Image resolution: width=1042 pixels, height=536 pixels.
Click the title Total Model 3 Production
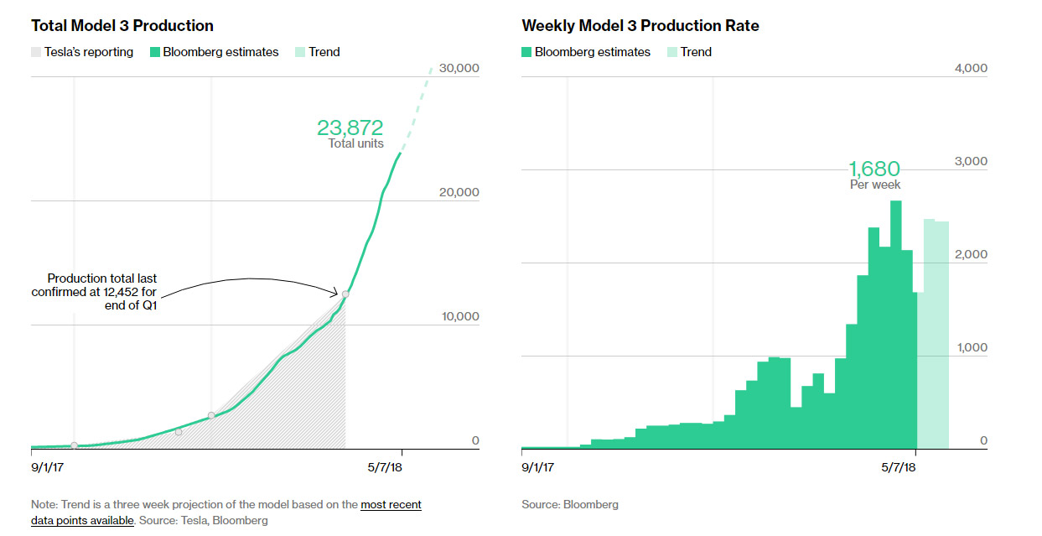pos(122,26)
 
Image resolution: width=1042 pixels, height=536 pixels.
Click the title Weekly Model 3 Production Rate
pos(640,26)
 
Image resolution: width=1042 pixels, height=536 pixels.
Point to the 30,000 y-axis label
pos(458,68)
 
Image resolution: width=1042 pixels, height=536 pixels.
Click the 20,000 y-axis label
pos(458,192)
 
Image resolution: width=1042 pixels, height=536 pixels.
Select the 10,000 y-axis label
pos(458,316)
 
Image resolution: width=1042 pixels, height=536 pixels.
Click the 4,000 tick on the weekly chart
pos(971,68)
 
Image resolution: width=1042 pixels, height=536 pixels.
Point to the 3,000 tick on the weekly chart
pos(971,161)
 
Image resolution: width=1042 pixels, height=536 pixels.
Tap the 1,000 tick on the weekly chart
pos(971,347)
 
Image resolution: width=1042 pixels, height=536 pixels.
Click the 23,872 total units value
pos(350,128)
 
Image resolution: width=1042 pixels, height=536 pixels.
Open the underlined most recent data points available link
pos(391,505)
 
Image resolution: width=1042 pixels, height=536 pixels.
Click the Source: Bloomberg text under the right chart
pos(570,505)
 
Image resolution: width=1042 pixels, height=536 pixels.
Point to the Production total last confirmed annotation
pos(94,291)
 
